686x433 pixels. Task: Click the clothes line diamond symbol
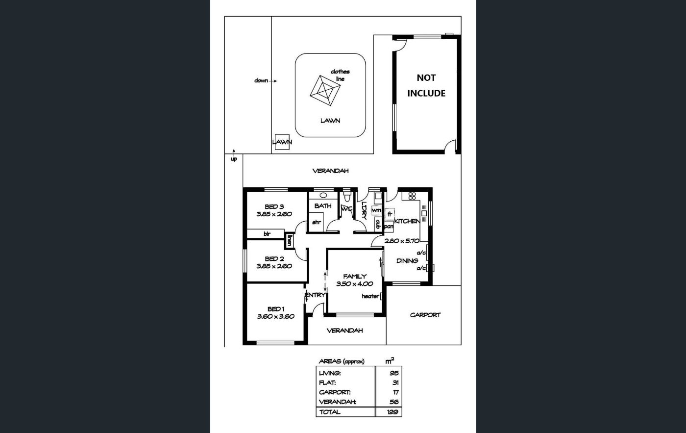(325, 91)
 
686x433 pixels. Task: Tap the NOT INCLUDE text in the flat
(426, 85)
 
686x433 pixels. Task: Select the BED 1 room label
(276, 309)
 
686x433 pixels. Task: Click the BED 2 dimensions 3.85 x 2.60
(274, 266)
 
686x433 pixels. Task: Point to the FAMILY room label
(355, 276)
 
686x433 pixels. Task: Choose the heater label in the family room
(370, 296)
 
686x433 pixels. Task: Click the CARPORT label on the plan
(425, 315)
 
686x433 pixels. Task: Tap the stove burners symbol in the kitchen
(412, 196)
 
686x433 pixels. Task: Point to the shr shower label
(317, 222)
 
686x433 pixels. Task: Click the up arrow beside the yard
(234, 152)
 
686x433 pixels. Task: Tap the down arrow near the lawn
(273, 81)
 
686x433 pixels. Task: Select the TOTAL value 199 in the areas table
(392, 412)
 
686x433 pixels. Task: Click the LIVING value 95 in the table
(394, 373)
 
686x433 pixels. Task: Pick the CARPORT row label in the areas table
(335, 392)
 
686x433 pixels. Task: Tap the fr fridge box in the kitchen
(390, 214)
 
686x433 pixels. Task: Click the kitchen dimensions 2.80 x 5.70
(402, 241)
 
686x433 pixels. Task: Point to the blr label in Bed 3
(267, 234)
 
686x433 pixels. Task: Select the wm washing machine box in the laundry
(376, 210)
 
